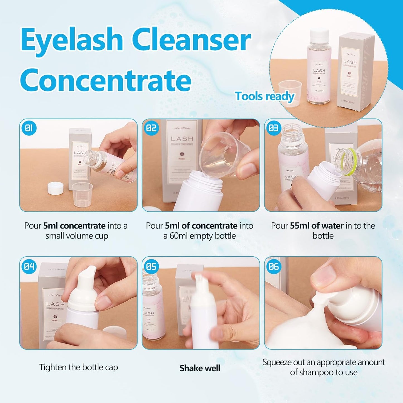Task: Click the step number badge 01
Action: coord(29,128)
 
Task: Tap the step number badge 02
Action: coord(151,128)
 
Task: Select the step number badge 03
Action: coord(274,128)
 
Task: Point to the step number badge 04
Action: coord(29,266)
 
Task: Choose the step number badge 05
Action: coord(151,266)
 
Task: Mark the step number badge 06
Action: coord(274,266)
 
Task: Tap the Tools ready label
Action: coord(264,96)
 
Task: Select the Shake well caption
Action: coord(200,368)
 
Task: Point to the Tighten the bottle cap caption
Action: coord(78,367)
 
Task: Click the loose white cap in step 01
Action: coord(55,188)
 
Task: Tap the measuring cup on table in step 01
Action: coord(82,195)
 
